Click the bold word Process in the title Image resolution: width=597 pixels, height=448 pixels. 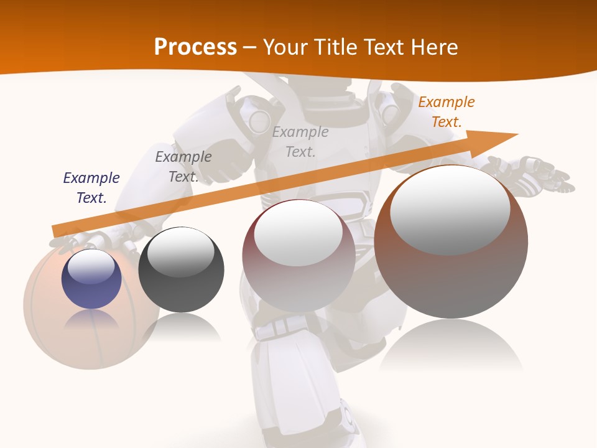coord(195,47)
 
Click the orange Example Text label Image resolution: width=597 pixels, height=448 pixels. coord(446,112)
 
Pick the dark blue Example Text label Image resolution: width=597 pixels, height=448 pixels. coord(91,188)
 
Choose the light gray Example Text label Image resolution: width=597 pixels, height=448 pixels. coord(300,141)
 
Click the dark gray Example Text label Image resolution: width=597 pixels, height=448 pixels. coord(183,167)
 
